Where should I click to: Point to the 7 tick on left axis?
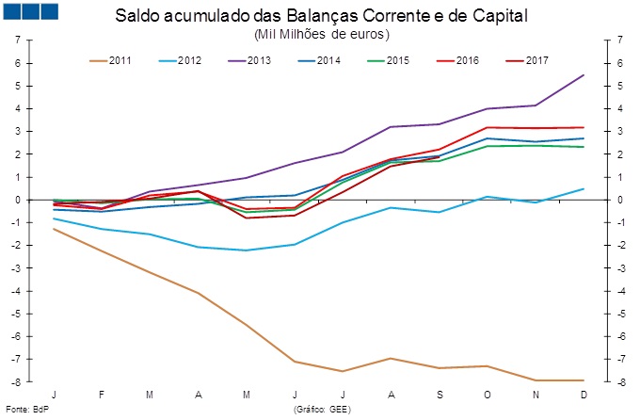(x=17, y=40)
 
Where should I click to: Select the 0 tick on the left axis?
(x=17, y=200)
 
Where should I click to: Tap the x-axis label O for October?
(x=486, y=394)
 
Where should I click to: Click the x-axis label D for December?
(x=584, y=394)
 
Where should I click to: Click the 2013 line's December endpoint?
(x=584, y=75)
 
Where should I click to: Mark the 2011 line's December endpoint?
(x=584, y=380)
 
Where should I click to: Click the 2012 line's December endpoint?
(x=584, y=189)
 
